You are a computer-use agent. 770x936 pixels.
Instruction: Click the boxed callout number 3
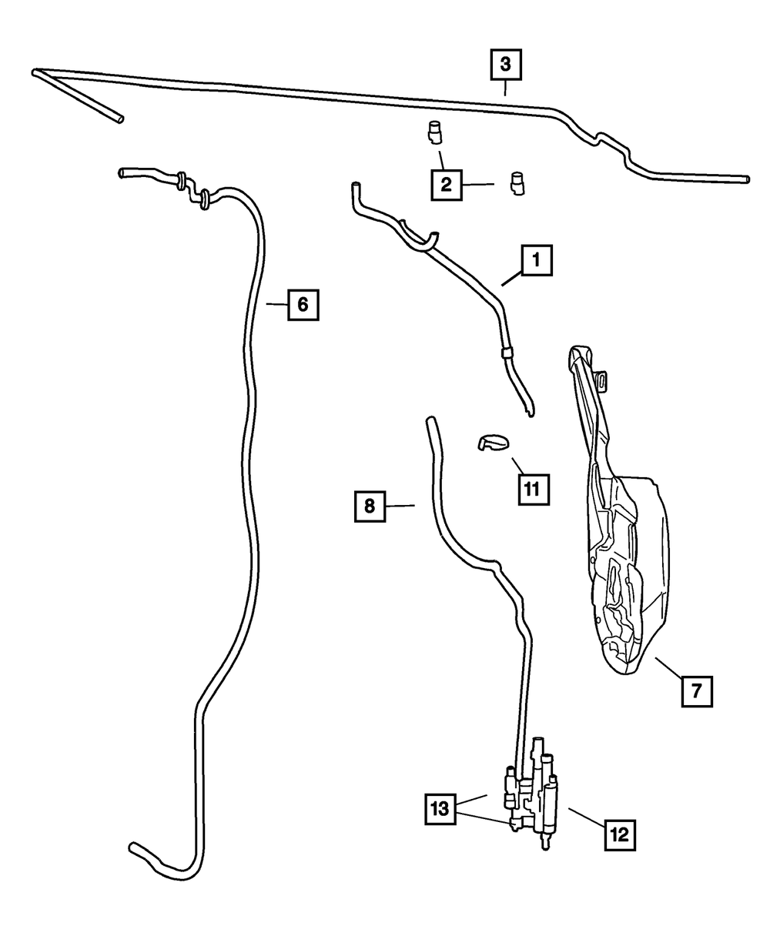click(x=506, y=65)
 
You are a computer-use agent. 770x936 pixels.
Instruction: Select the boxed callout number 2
click(x=447, y=185)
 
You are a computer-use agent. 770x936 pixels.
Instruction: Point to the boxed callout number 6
click(x=303, y=305)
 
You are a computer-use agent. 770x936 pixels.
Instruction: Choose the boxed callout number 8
click(x=370, y=506)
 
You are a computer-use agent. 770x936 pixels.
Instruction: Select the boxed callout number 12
click(x=621, y=833)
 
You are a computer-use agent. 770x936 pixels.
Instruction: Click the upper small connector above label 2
click(x=434, y=132)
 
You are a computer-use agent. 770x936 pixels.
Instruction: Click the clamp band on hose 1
click(x=506, y=354)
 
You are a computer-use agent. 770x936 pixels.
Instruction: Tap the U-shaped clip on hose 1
click(x=422, y=239)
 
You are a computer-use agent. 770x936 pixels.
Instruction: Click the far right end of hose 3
click(x=745, y=179)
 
